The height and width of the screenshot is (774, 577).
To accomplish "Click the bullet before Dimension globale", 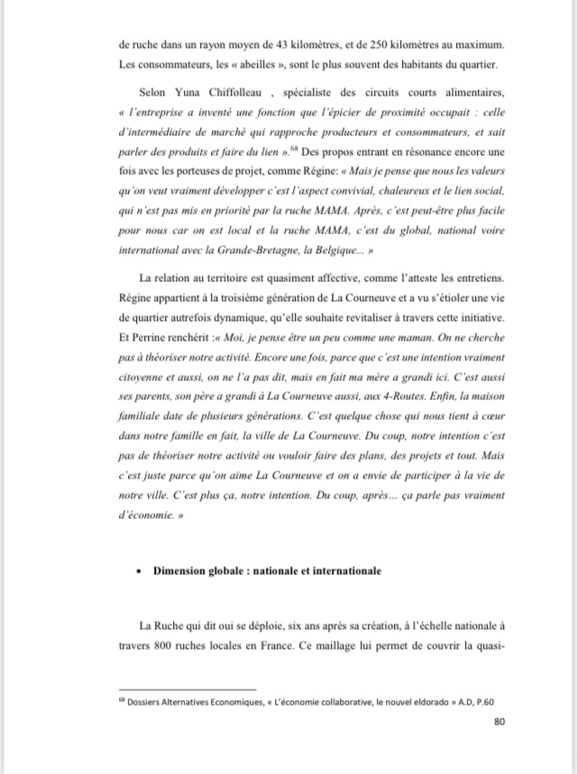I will [137, 570].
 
